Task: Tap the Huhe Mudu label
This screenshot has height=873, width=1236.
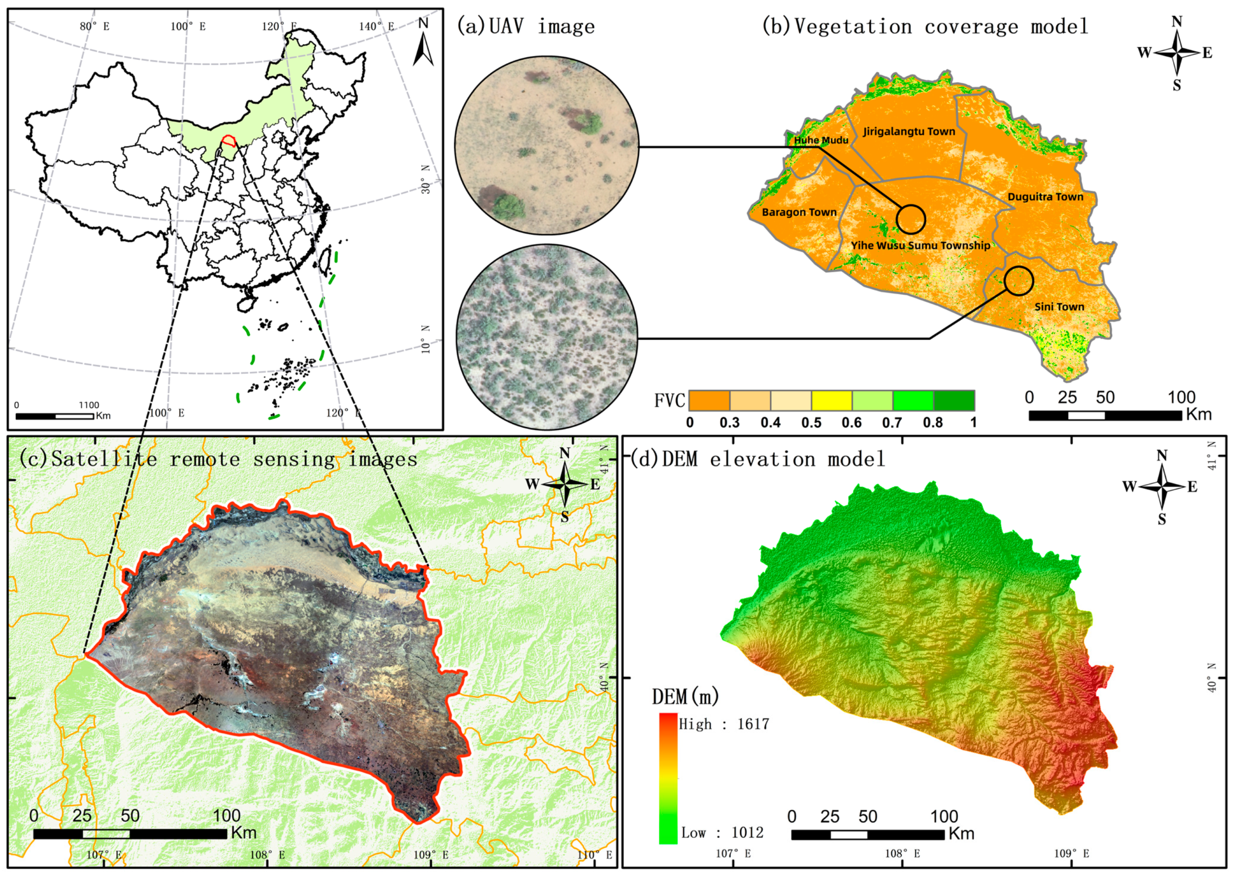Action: click(x=821, y=140)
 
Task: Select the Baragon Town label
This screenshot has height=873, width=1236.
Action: click(x=799, y=212)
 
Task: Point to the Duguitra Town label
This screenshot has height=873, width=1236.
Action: click(x=1045, y=197)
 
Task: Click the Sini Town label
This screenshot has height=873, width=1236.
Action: click(x=1059, y=307)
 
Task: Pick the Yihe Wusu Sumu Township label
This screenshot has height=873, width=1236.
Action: click(x=920, y=246)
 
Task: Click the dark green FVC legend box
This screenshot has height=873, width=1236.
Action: click(x=953, y=401)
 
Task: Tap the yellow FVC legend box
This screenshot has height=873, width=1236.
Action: click(x=831, y=401)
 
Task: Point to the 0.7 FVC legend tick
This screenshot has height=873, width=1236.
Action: click(x=892, y=423)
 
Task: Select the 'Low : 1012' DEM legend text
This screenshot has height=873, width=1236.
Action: click(x=722, y=833)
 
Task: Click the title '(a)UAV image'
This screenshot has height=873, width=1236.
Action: click(x=526, y=26)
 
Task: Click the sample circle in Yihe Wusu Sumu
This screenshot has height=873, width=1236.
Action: click(x=910, y=219)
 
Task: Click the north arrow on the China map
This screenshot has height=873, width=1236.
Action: click(x=424, y=43)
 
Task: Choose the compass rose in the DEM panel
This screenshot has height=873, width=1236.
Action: click(x=1162, y=487)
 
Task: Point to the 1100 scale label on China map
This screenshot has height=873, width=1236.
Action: click(x=89, y=405)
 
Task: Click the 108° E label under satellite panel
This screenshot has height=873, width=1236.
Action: click(x=266, y=855)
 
